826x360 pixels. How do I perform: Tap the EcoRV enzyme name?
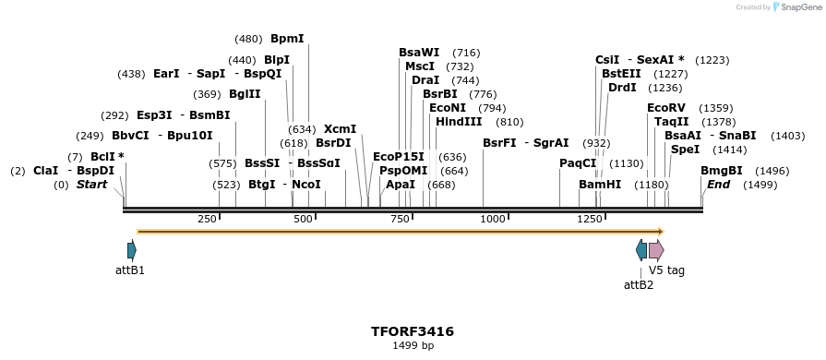click(665, 108)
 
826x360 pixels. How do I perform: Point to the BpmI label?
click(287, 39)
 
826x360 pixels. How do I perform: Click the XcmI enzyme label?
click(340, 129)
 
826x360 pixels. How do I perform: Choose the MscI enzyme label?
click(420, 66)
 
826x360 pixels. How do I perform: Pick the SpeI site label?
click(685, 150)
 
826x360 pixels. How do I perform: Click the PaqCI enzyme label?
click(578, 163)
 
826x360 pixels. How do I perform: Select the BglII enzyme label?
click(245, 94)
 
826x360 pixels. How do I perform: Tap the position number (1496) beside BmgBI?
click(772, 171)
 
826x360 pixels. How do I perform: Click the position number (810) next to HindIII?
click(509, 122)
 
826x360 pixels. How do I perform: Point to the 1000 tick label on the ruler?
click(493, 219)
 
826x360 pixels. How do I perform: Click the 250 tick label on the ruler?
click(207, 219)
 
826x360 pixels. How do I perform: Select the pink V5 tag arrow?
click(656, 250)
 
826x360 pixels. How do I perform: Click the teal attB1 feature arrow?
click(132, 250)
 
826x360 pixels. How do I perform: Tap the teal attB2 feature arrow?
click(641, 250)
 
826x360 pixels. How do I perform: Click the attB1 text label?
click(130, 271)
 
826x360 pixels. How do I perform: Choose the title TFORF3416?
click(413, 330)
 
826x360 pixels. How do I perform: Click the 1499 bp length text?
click(413, 346)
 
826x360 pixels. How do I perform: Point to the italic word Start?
click(91, 185)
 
